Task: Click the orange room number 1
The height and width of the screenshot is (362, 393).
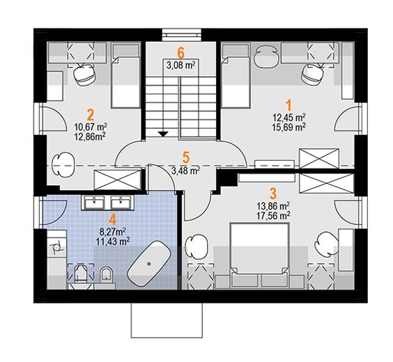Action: coord(289,105)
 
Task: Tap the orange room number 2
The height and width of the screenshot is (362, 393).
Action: coord(90,115)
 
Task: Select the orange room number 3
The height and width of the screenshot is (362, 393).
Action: coord(273,194)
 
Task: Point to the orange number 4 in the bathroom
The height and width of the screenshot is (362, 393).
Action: coord(113,219)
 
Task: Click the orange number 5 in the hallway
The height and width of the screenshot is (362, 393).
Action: coord(186,157)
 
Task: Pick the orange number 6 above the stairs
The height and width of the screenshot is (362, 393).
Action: coord(180,53)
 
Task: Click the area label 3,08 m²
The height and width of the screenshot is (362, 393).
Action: coord(181,65)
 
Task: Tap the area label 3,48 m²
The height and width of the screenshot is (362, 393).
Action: coord(186,171)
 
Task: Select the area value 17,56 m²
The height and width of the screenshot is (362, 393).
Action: coord(273,215)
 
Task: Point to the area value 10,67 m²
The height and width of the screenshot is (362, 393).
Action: coord(91,127)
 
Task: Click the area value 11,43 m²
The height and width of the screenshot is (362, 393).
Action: coord(113,242)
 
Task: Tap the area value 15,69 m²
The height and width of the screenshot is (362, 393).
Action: coord(288,127)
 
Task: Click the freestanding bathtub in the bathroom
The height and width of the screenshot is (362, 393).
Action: coord(149,263)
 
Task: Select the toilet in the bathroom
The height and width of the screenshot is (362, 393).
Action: coord(106,274)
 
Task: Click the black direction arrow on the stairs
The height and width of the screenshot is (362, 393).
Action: coord(163,134)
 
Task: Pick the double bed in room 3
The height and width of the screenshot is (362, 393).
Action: coord(259,255)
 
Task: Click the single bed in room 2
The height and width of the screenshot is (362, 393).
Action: coord(125,75)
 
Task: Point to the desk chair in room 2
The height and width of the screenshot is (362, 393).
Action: coord(85,74)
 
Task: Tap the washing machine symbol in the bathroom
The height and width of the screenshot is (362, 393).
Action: coord(56,247)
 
